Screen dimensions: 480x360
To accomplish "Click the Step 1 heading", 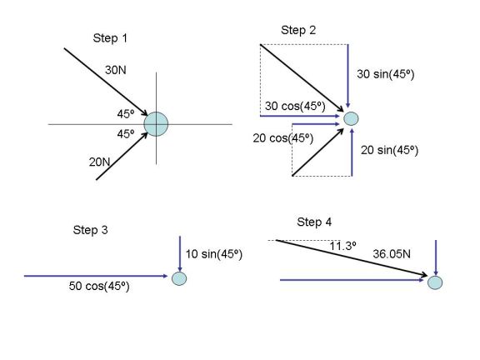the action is [x=110, y=38].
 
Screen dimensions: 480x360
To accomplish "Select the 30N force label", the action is [x=115, y=70].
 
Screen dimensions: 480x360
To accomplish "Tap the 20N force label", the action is [x=99, y=162].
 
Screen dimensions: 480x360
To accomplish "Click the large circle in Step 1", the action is [x=156, y=124].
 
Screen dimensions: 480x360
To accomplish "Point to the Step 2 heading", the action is [x=298, y=30].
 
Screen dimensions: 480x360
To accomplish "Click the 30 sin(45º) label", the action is [x=385, y=74].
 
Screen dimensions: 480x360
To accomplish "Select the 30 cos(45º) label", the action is [x=295, y=106].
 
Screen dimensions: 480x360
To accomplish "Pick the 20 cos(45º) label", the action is [x=283, y=138].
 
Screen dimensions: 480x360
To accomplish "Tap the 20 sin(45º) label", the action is [x=389, y=150].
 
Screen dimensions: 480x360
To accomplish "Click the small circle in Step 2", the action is [x=351, y=119].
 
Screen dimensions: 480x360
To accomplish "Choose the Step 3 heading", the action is [x=90, y=230].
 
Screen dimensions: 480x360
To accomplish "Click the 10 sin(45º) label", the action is [x=214, y=254].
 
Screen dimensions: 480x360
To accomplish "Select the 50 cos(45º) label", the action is [x=99, y=286].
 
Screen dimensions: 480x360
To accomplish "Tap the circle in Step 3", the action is [x=179, y=278].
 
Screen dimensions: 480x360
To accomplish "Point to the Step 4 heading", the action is [x=314, y=222].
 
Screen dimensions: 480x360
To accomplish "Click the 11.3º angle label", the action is [x=342, y=246].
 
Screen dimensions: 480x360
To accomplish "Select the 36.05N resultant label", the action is [x=392, y=254].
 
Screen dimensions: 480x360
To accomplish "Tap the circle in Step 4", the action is [x=435, y=282].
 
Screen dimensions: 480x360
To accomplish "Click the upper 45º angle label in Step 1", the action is [x=126, y=114].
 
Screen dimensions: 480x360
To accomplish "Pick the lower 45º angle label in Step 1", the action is [x=126, y=134].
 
